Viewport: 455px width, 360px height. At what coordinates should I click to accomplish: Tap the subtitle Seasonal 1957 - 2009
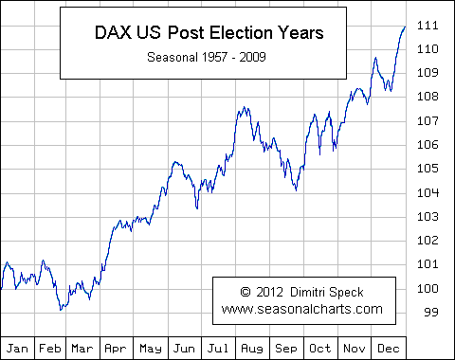(x=206, y=58)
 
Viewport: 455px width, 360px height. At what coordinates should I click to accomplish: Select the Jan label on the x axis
(x=19, y=348)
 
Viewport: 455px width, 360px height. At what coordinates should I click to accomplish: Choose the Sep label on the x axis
(x=286, y=348)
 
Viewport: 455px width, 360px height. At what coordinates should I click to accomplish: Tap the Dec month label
(x=388, y=348)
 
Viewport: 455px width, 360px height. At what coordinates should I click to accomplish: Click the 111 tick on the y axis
(x=427, y=25)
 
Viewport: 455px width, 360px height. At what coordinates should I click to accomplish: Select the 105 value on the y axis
(x=427, y=169)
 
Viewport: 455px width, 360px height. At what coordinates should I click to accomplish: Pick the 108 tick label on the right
(x=427, y=97)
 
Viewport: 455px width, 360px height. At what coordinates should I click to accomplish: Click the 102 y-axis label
(x=427, y=241)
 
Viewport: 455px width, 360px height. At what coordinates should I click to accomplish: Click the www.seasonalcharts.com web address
(x=301, y=309)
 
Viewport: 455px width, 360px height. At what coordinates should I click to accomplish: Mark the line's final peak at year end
(x=405, y=27)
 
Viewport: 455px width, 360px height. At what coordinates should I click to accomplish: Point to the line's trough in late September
(x=297, y=190)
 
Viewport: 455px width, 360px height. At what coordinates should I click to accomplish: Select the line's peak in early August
(x=246, y=107)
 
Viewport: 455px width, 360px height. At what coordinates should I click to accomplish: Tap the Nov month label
(x=355, y=348)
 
